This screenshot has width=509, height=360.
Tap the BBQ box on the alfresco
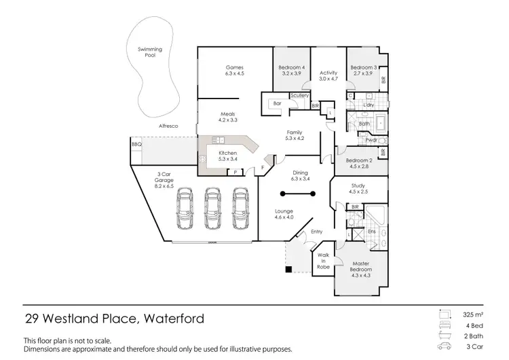tap(136, 145)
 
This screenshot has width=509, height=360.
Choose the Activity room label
tap(328, 73)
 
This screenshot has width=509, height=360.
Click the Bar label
tap(277, 103)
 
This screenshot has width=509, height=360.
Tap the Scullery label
tap(299, 96)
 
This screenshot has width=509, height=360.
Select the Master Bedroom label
tap(362, 266)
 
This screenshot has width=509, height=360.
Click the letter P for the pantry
tap(235, 173)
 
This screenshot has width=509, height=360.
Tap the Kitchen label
tap(227, 154)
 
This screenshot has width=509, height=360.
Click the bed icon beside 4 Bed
tap(445, 325)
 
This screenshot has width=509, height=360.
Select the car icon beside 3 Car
tap(445, 347)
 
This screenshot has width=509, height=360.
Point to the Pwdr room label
tap(371, 140)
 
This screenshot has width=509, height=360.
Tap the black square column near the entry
tap(288, 270)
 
